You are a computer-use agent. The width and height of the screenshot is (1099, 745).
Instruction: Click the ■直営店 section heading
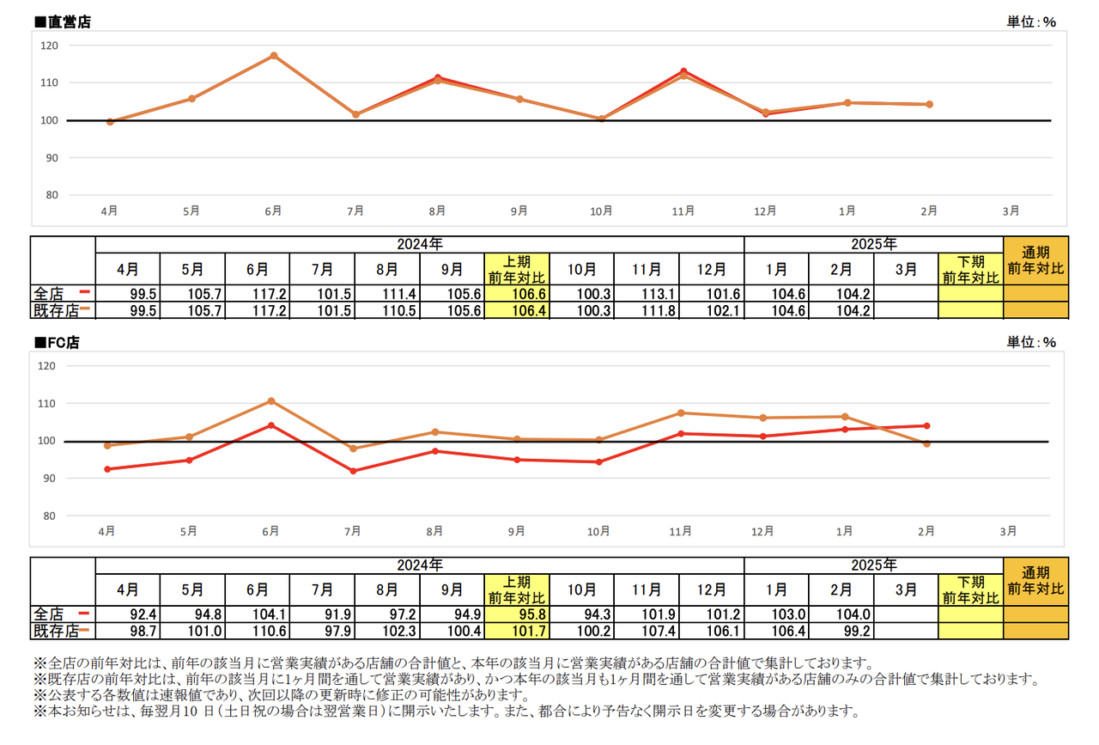(62, 22)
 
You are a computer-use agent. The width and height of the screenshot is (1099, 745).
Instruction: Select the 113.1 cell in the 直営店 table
(647, 293)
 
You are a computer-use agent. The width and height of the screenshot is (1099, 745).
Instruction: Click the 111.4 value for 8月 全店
(387, 293)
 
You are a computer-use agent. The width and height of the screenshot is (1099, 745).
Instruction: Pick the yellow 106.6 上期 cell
(517, 293)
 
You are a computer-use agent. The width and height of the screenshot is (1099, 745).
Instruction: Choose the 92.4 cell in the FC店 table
(128, 614)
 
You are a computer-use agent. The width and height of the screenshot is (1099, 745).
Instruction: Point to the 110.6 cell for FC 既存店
(258, 631)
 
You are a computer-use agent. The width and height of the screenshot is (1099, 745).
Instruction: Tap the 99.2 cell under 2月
(841, 631)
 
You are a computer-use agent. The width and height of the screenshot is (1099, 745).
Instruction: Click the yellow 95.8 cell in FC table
(517, 614)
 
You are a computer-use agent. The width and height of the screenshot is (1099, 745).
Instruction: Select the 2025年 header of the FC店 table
(873, 565)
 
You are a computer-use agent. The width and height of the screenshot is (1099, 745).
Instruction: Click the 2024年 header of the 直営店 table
(420, 244)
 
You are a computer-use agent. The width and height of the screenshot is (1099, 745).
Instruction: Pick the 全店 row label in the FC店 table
(50, 614)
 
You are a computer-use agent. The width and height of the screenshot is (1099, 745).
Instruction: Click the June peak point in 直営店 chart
(274, 56)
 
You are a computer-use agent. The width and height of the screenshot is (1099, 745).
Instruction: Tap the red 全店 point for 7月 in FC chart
(353, 471)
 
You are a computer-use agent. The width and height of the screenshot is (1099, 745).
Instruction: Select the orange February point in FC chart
(926, 443)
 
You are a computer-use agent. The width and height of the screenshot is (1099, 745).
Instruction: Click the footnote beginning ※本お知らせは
(446, 711)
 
